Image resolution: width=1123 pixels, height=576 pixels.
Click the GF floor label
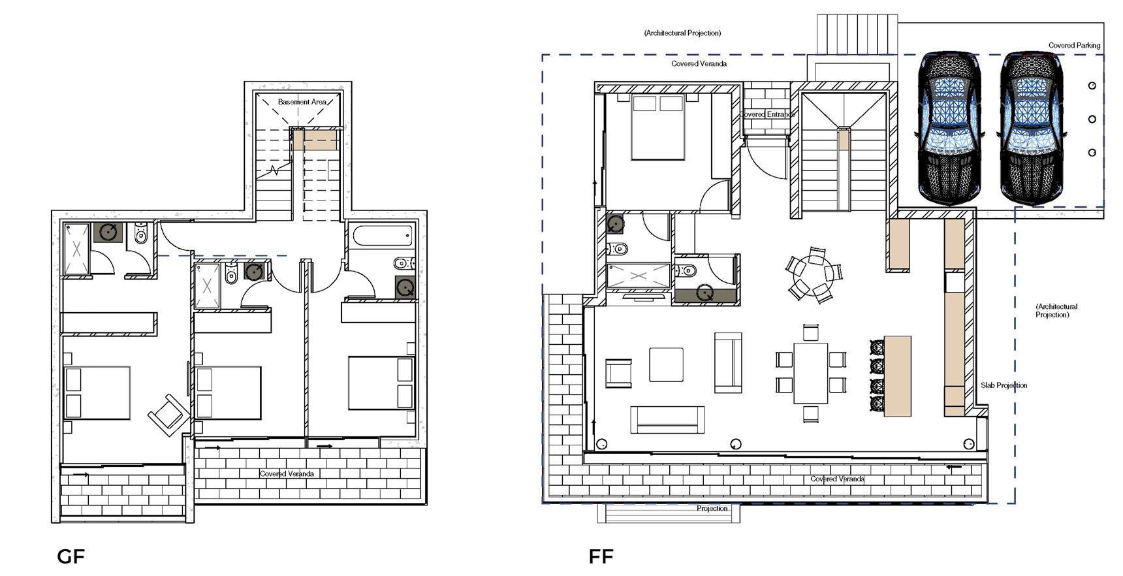tap(71, 556)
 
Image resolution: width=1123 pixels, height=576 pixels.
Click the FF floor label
tap(601, 556)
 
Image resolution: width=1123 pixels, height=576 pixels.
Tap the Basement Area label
tap(302, 102)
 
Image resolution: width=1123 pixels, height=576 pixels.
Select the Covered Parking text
tap(1074, 46)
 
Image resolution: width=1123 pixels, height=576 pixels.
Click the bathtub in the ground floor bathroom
tap(382, 235)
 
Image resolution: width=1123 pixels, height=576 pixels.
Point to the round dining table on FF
tap(814, 274)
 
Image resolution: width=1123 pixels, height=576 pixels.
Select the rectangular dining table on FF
tap(810, 373)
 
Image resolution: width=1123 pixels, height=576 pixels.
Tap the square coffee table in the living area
tap(666, 364)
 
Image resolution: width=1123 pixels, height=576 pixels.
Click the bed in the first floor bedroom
tap(658, 127)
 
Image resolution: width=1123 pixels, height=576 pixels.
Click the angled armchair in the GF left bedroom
tap(169, 414)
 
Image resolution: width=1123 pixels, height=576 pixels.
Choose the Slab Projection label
tap(1004, 385)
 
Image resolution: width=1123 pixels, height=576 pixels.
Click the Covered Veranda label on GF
tap(287, 473)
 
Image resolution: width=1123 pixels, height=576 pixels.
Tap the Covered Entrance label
tap(768, 114)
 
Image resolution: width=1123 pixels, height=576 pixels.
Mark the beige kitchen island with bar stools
tap(897, 376)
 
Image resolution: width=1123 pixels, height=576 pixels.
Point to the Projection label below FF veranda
tap(712, 508)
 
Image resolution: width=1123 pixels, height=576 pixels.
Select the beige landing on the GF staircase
tap(315, 140)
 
